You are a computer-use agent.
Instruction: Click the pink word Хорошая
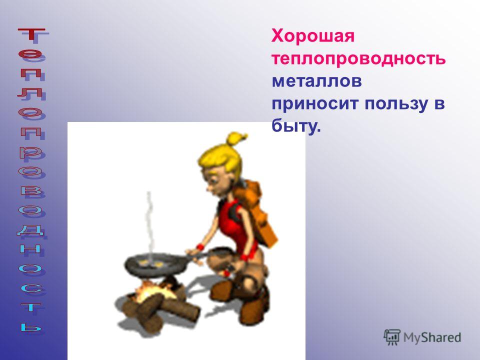click(313, 36)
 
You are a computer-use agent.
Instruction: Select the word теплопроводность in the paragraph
click(358, 59)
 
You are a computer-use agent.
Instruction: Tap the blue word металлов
click(317, 81)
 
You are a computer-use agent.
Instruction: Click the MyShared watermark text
click(432, 337)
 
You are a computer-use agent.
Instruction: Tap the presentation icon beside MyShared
click(392, 337)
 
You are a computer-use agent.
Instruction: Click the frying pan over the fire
click(156, 263)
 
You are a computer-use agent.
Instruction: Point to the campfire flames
click(153, 289)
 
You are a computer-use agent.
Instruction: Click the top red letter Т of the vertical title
click(31, 34)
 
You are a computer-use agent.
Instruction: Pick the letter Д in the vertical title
click(30, 229)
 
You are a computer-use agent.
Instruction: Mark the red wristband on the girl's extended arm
click(200, 247)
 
